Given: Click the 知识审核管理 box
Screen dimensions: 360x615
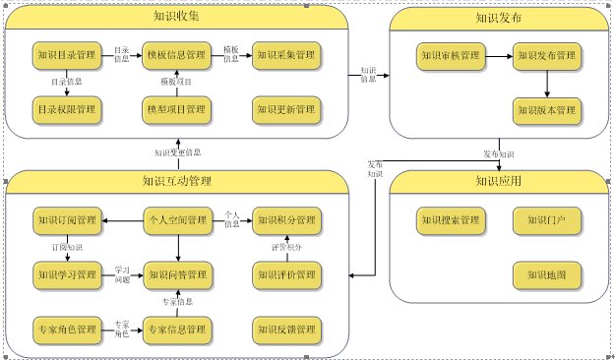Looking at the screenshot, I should pos(450,55).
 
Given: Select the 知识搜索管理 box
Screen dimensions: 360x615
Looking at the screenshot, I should pos(450,219).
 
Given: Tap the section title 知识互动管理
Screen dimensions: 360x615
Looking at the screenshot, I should pos(177,181).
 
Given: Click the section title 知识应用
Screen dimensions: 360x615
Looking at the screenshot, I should pos(498,181).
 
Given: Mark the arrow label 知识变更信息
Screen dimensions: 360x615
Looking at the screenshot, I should pos(177,152).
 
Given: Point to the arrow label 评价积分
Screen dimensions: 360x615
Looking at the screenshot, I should pos(287,247).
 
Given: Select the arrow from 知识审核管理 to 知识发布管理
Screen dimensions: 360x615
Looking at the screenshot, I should pos(498,55).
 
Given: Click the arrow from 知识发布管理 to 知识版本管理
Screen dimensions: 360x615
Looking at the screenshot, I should pos(546,83).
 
